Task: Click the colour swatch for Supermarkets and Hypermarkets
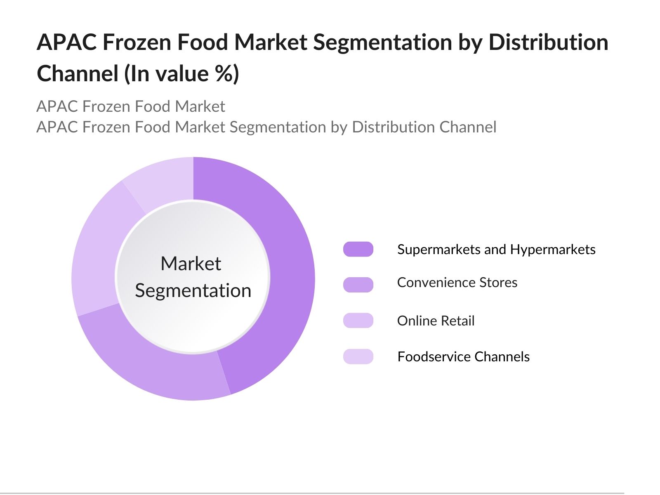tap(358, 249)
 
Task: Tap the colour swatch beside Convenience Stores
tap(358, 285)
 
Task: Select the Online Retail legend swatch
tap(358, 321)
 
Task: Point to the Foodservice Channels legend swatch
tap(358, 356)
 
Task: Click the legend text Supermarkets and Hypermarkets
tap(496, 250)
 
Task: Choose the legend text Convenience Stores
tap(457, 283)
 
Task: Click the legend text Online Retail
tap(436, 321)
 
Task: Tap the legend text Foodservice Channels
tap(463, 357)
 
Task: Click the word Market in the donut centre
tap(191, 264)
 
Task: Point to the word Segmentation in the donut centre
tap(193, 291)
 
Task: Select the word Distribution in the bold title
tap(548, 42)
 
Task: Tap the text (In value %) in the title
tap(182, 74)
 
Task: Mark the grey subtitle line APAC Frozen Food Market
tap(131, 106)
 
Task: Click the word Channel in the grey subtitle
tap(468, 127)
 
